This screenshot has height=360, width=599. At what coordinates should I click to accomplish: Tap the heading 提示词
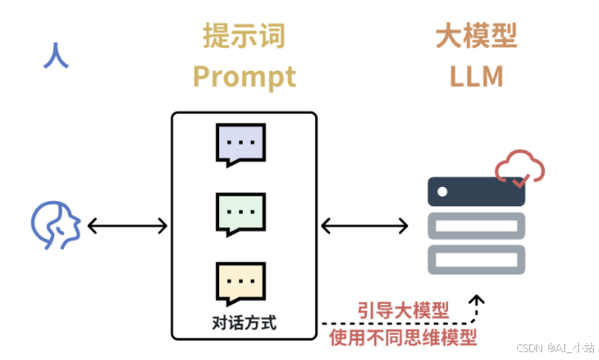tap(244, 37)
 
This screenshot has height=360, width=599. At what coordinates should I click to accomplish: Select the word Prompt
tap(244, 77)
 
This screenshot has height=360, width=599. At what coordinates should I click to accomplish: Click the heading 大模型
tap(477, 37)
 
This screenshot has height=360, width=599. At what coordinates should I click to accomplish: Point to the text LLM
tap(477, 77)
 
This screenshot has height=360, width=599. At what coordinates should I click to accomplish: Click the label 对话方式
tap(244, 322)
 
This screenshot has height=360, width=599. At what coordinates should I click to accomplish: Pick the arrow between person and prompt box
tap(127, 225)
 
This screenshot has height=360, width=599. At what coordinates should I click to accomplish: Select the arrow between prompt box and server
tap(362, 225)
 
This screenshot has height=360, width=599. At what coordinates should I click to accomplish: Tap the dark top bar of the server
tap(476, 191)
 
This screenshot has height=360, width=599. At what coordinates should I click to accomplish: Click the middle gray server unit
tap(476, 225)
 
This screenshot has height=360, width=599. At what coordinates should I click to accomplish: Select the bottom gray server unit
tap(476, 259)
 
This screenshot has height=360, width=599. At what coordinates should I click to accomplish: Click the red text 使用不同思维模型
tap(403, 335)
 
